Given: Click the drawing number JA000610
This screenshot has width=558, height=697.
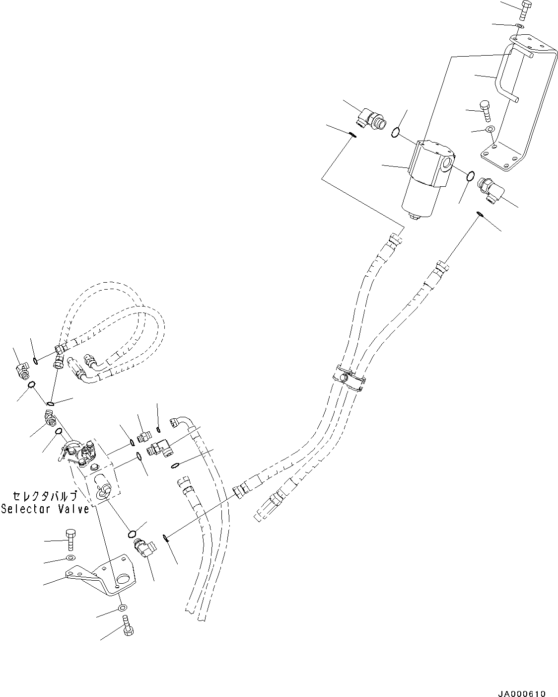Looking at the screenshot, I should (x=521, y=679).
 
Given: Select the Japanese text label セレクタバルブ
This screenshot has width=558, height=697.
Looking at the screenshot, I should (x=45, y=496).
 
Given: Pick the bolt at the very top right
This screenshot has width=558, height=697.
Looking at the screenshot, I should (x=527, y=9).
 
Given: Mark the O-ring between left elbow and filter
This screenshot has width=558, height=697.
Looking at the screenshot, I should (x=395, y=132).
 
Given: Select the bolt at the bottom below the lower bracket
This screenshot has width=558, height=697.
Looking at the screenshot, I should (x=126, y=627).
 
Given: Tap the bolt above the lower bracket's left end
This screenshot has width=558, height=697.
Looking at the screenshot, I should (x=70, y=539).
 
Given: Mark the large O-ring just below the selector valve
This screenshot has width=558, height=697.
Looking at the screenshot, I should (x=133, y=534).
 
